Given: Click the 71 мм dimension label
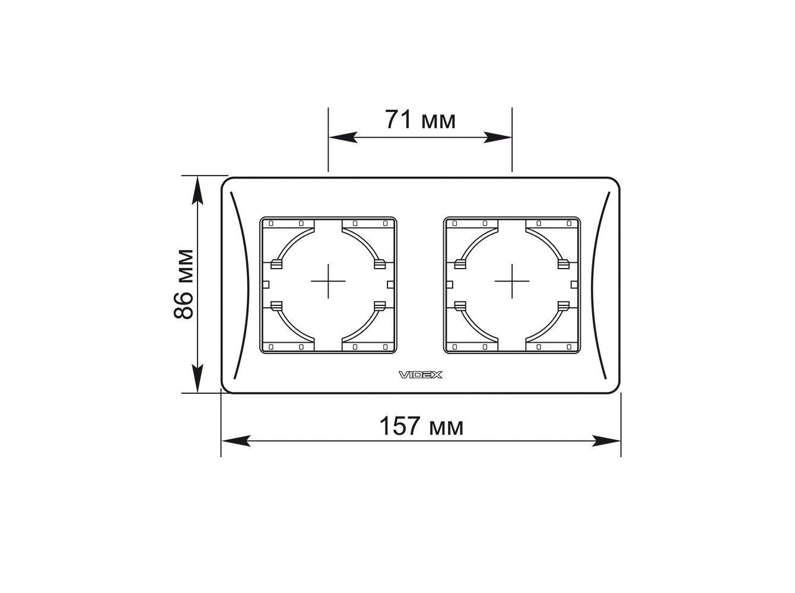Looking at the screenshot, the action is (x=420, y=120).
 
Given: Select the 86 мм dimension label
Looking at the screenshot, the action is (x=184, y=284).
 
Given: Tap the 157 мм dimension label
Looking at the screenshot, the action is (x=421, y=426).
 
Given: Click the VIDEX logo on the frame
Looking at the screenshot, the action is (x=421, y=375).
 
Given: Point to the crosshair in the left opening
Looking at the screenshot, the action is (x=328, y=281).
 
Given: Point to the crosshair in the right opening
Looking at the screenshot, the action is (x=512, y=281).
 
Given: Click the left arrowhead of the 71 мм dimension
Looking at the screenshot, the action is (x=343, y=137).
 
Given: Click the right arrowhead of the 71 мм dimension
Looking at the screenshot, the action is (x=498, y=137).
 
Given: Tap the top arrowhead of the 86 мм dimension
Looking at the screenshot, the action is (x=198, y=190).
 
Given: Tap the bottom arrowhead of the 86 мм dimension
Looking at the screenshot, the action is (x=198, y=378).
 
